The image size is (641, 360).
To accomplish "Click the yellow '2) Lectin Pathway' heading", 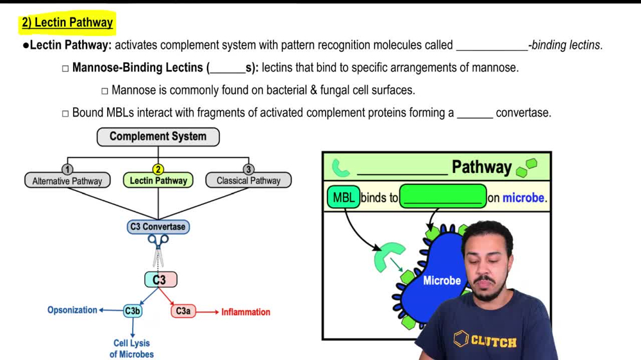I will tap(67, 23).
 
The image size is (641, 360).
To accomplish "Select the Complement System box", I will tap(158, 136).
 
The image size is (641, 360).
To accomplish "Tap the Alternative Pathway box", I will tap(67, 181).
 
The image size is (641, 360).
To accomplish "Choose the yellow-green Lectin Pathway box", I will tap(158, 181).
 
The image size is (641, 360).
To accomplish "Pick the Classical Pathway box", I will tap(248, 181).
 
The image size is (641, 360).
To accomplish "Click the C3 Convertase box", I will tap(158, 227).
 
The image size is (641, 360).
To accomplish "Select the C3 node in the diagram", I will tap(160, 279).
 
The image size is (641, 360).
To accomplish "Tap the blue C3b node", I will tap(133, 311).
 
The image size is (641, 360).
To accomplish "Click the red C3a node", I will tap(183, 311).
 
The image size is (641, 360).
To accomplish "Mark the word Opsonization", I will tap(72, 310).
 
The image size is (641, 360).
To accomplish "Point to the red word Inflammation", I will tap(246, 312).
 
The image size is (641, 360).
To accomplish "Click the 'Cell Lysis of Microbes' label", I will tap(131, 348).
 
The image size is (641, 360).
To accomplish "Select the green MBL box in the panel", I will tap(344, 197).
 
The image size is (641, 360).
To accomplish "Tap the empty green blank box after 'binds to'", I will tap(443, 197).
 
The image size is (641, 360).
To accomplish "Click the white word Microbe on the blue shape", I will tap(442, 281).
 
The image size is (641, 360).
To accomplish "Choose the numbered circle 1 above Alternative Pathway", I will tap(67, 169).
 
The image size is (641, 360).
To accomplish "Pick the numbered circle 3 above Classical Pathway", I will tap(248, 169).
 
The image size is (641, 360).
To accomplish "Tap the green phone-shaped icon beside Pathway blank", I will tap(340, 168).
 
